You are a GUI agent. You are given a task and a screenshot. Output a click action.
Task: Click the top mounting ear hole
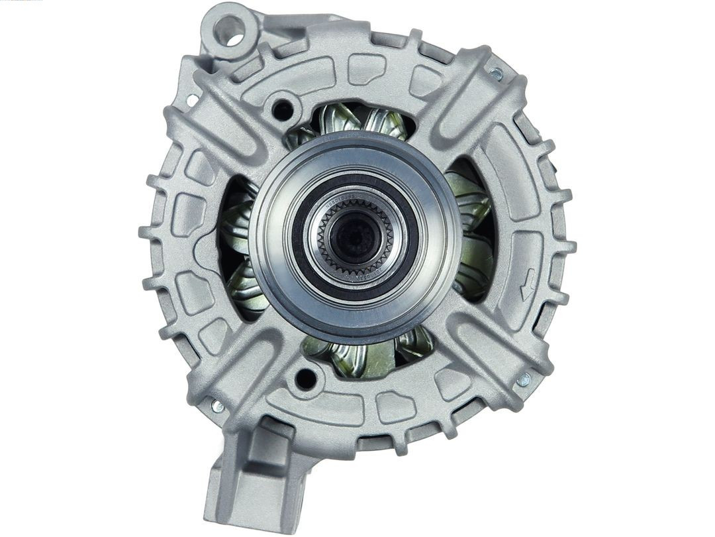coord(229,30)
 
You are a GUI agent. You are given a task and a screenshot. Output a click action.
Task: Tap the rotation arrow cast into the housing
coord(528,284)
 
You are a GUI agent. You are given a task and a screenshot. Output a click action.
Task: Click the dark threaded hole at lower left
coord(305,379)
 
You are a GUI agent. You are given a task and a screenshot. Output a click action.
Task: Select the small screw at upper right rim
coord(495,74)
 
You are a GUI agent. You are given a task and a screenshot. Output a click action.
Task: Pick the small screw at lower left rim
coord(218,406)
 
